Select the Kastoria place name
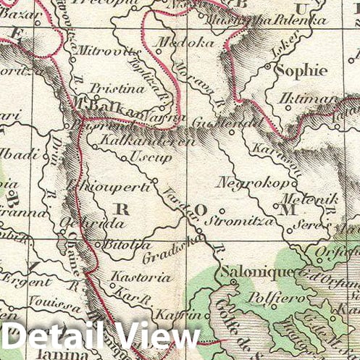141,276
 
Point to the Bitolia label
127,245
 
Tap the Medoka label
175,42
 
